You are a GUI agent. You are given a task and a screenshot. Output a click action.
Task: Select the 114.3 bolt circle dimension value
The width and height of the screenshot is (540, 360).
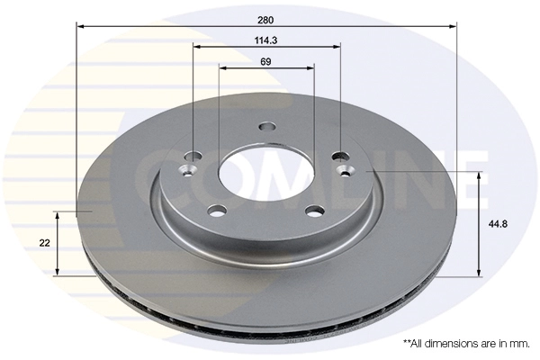coord(266,40)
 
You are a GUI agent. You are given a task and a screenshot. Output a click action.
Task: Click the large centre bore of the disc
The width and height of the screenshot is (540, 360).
coord(265,170)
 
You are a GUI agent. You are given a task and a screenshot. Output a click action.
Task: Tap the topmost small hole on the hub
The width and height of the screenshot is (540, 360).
coord(265,127)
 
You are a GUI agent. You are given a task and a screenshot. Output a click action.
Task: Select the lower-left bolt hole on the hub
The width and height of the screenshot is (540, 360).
coord(217,211)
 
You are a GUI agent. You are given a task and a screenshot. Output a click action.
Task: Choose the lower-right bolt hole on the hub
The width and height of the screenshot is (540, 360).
coord(315,211)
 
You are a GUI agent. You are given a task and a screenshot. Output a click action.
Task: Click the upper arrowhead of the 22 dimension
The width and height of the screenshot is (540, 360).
coord(59,216)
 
